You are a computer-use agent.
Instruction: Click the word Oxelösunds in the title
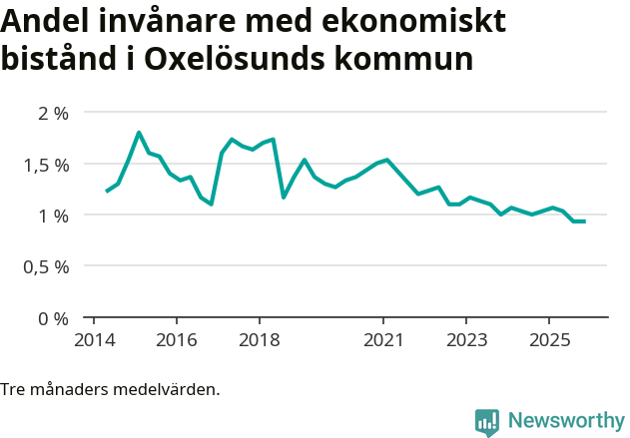pos(234,58)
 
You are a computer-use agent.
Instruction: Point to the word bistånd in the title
pos(56,58)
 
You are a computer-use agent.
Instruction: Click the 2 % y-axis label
pos(53,113)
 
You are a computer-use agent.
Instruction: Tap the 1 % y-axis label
pos(53,216)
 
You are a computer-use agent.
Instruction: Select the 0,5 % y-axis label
pos(45,267)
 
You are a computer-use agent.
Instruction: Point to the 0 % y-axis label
pos(53,318)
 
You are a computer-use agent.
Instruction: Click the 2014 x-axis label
pos(94,339)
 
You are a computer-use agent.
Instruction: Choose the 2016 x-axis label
pos(177,339)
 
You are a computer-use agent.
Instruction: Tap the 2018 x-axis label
pos(260,339)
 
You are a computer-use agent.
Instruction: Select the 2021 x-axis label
pos(383,339)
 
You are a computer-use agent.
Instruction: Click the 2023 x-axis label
pos(466,339)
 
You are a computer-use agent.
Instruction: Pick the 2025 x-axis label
pos(549,339)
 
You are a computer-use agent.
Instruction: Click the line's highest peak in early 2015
pos(139,133)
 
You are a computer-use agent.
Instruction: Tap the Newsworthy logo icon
pos(487,422)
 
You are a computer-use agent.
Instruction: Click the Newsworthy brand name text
pos(566,421)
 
